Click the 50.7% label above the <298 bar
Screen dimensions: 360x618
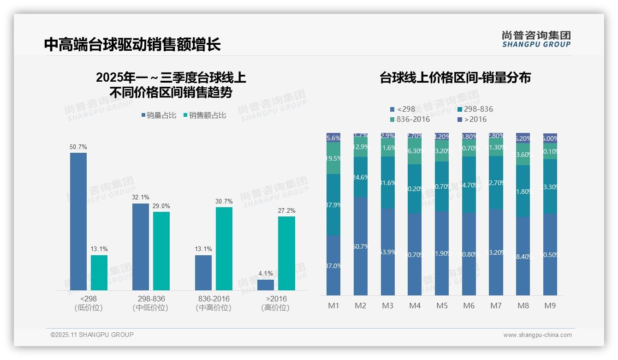[78, 147]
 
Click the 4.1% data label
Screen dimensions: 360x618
[266, 274]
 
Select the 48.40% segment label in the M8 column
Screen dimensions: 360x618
[523, 257]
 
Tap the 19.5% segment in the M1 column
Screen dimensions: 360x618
[333, 158]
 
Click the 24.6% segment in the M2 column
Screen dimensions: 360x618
[360, 177]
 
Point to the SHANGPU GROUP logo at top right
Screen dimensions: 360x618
[536, 39]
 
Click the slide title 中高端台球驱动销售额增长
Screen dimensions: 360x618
[132, 45]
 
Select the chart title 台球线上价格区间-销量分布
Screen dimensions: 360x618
[455, 78]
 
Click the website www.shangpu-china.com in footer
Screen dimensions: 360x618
[537, 335]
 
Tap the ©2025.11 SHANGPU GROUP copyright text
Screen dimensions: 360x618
[92, 335]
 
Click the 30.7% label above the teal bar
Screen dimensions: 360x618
[224, 202]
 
